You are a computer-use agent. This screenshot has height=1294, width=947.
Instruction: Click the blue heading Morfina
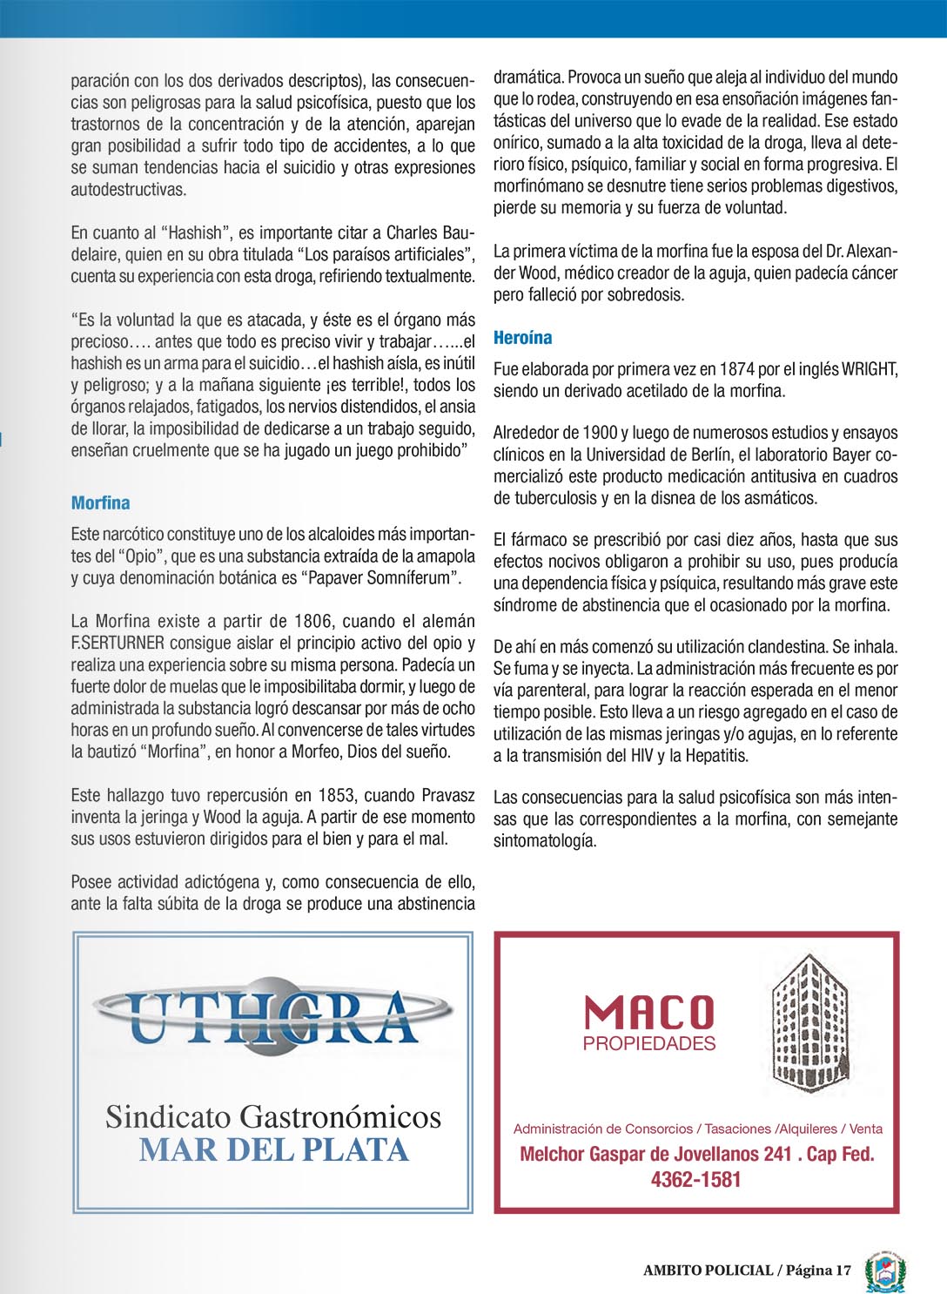coord(100,503)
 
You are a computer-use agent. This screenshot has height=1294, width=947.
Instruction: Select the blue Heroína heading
coord(522,338)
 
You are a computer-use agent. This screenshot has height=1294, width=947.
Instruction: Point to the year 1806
coord(313,622)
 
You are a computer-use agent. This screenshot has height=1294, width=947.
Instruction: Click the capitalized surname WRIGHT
coord(869,369)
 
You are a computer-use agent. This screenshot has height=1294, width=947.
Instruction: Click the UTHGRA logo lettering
coord(273,1018)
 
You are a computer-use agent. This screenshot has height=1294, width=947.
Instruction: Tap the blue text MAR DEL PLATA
coord(273,1150)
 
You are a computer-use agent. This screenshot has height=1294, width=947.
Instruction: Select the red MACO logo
coord(648,1013)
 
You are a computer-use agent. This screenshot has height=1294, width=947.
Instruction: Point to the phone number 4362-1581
coord(695,1180)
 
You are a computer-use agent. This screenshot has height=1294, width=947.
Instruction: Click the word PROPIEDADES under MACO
coord(649,1043)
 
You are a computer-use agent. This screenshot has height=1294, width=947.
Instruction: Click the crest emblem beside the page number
coord(885,1271)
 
